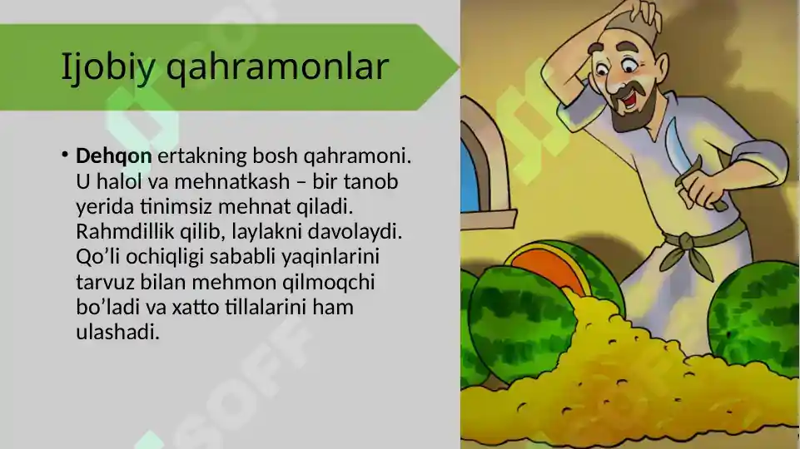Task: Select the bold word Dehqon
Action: pyautogui.click(x=113, y=155)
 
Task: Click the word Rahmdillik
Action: pyautogui.click(x=124, y=231)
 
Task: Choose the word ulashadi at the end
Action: pyautogui.click(x=117, y=332)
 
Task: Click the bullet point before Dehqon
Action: pyautogui.click(x=64, y=155)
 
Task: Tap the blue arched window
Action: pyautogui.click(x=470, y=175)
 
